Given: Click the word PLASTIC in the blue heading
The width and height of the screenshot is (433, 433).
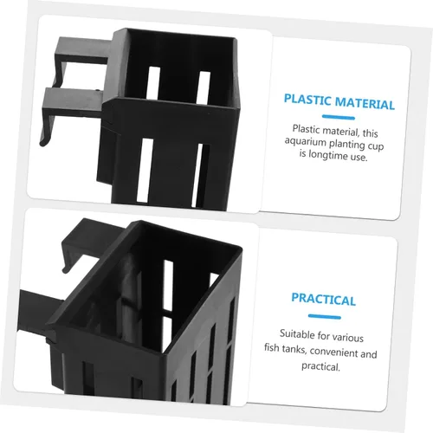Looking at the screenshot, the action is pos(307,100).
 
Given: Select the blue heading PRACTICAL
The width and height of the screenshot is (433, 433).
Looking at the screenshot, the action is pos(323,300).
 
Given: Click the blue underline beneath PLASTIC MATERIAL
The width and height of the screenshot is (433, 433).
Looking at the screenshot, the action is pos(339,117).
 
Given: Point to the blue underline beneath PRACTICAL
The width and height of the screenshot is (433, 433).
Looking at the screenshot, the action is pos(325,316).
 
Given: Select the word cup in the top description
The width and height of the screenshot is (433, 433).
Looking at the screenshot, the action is pos(376,146).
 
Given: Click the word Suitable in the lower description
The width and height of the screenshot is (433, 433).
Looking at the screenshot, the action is pos(297,333).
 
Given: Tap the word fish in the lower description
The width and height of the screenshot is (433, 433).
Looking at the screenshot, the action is pos(271,347).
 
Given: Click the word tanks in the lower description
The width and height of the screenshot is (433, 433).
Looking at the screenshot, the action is pos(294,349).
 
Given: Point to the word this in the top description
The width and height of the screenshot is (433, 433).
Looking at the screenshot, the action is pos(371,133).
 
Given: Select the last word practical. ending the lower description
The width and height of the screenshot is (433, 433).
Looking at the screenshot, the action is pos(320,366).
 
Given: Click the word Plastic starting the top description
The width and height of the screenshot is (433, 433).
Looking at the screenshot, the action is pos(306,129).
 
